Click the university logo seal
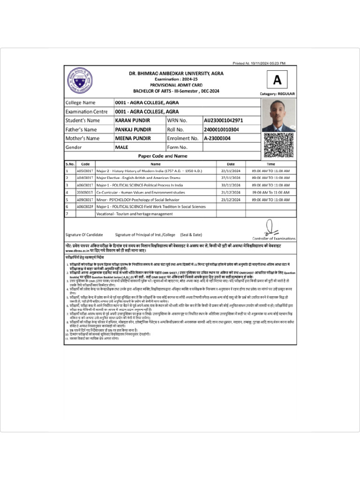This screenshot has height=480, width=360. [80, 79]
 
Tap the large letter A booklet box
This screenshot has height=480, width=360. [277, 80]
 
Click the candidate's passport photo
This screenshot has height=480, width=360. [278, 115]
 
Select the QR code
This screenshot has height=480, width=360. [278, 145]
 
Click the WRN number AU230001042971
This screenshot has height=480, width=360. [223, 120]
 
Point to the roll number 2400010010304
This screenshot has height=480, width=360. [221, 129]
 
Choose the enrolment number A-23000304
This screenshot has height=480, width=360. [217, 138]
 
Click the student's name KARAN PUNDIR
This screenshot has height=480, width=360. [133, 120]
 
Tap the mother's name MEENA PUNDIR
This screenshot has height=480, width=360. [133, 138]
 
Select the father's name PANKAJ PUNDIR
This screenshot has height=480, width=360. [135, 129]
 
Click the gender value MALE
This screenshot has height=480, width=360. [122, 147]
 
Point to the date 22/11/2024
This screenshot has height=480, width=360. [230, 171]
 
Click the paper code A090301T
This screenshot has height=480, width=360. [85, 199]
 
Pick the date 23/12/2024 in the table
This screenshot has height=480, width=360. [230, 199]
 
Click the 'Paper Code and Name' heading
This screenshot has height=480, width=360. [162, 156]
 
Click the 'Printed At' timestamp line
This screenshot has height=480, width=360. [259, 63]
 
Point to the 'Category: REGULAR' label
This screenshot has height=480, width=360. [277, 94]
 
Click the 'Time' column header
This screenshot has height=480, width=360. [271, 164]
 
